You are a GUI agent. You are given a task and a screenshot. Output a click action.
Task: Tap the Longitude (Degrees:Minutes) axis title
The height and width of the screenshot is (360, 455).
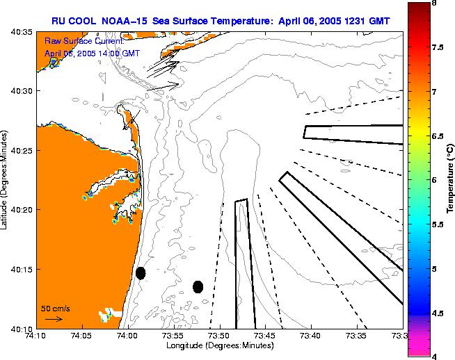pyautogui.click(x=218, y=345)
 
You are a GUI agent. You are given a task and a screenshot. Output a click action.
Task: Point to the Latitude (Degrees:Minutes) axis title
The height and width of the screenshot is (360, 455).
pyautogui.click(x=5, y=180)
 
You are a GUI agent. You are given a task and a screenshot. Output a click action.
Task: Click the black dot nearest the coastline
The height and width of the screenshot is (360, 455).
pyautogui.click(x=141, y=273)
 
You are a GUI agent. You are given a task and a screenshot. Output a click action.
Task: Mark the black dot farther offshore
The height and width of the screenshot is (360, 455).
pyautogui.click(x=198, y=286)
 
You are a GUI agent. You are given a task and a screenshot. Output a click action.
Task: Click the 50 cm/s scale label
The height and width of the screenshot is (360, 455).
pyautogui.click(x=56, y=308)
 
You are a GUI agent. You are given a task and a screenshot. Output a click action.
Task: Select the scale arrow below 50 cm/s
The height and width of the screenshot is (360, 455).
pyautogui.click(x=54, y=319)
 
